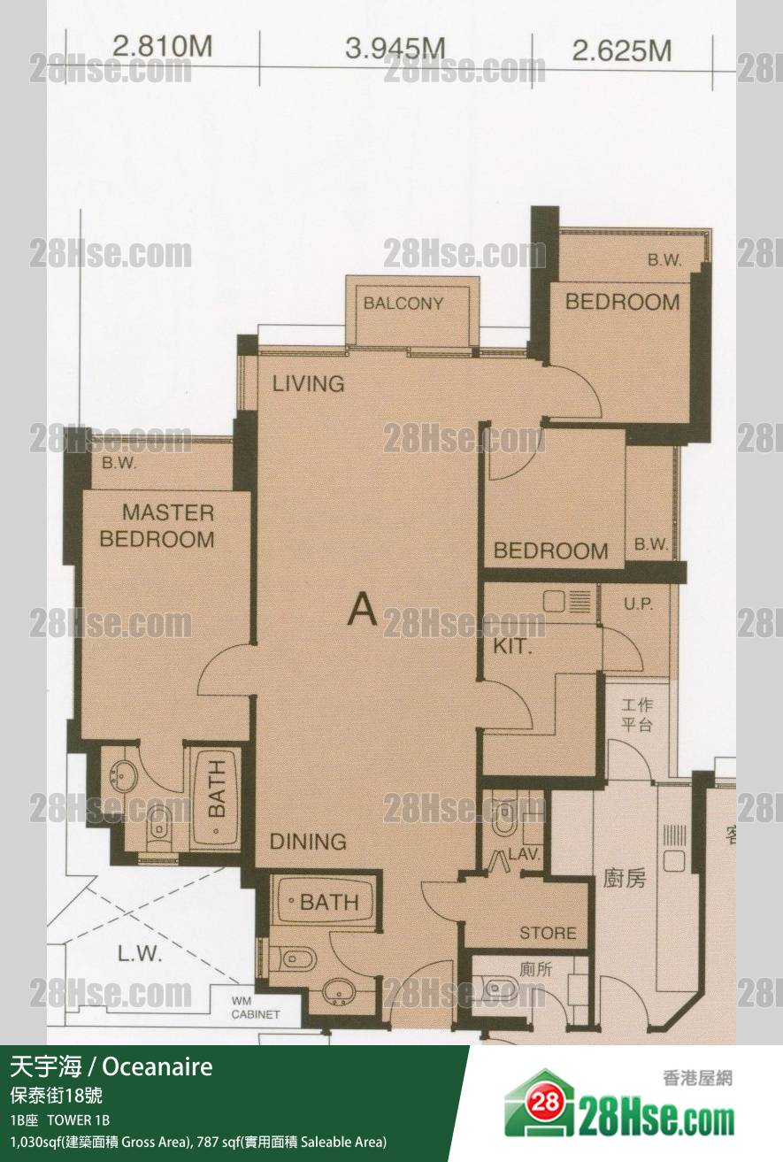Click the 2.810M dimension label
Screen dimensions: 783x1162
163,47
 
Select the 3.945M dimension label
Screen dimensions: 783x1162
395,49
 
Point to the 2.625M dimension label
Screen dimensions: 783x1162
622,50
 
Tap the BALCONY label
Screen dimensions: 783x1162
403,303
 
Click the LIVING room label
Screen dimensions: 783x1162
309,384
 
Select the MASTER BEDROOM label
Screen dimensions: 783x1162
157,526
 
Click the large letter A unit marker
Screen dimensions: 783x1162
362,609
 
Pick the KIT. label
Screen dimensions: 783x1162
513,646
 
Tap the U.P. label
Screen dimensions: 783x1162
638,604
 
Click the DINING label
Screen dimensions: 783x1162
308,842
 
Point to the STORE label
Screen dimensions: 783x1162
549,934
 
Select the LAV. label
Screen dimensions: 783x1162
525,854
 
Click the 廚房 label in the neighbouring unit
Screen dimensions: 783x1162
625,879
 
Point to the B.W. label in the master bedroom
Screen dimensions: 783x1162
119,463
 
